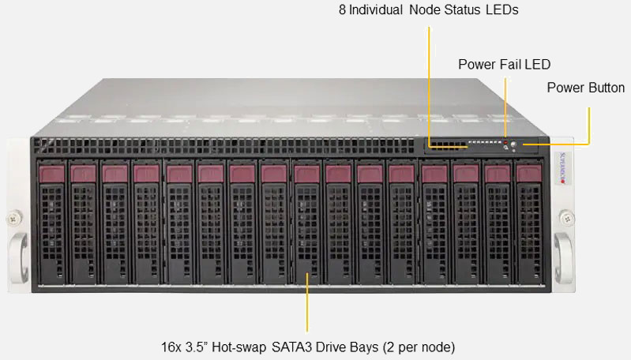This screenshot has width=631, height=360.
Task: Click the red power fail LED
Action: click(x=505, y=142)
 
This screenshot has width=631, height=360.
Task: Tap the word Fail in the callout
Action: click(x=509, y=65)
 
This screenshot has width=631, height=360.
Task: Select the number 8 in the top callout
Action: click(x=342, y=9)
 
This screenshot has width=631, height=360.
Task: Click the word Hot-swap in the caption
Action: click(x=239, y=347)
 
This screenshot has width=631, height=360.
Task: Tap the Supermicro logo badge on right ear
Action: click(x=562, y=168)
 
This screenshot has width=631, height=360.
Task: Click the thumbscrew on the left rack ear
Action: click(x=14, y=219)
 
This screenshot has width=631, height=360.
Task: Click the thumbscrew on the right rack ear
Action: click(x=567, y=218)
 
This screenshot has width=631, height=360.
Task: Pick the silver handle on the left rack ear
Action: click(x=18, y=257)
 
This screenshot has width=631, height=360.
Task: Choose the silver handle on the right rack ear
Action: click(x=563, y=257)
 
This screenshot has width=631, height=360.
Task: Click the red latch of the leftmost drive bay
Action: click(x=52, y=174)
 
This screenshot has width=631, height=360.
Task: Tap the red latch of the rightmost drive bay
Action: click(x=529, y=174)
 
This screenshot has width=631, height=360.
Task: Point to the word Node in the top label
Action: click(x=421, y=9)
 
